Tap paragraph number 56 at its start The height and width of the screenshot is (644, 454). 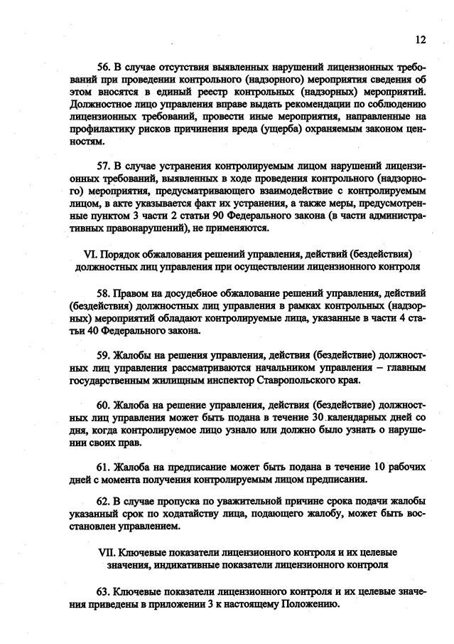104,80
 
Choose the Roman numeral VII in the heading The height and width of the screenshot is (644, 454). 104,553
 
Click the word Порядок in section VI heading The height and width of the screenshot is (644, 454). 121,253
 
